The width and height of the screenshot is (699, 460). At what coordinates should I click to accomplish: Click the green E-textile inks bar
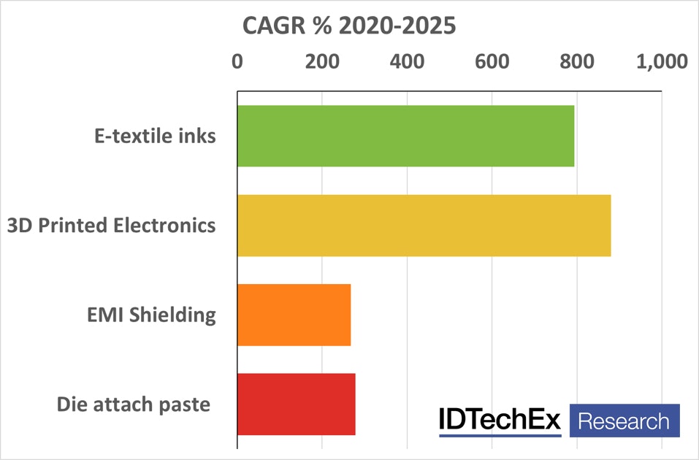click(x=405, y=136)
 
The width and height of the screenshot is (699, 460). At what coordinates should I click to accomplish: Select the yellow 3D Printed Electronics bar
click(x=424, y=226)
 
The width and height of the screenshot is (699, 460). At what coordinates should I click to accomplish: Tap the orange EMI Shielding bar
click(x=294, y=315)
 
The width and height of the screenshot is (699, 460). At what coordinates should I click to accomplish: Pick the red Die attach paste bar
click(x=297, y=404)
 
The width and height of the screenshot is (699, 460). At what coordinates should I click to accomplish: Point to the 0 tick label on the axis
click(x=237, y=61)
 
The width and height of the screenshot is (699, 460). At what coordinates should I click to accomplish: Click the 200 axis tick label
click(x=321, y=61)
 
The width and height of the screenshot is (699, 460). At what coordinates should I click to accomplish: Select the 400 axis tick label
click(x=407, y=61)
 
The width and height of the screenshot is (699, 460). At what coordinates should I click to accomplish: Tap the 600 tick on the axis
click(x=492, y=61)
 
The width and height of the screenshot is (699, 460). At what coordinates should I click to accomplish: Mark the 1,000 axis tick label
click(x=662, y=61)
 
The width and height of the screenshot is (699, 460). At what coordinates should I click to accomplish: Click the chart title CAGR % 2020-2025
click(x=349, y=26)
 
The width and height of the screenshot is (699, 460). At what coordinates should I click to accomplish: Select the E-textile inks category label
click(x=155, y=136)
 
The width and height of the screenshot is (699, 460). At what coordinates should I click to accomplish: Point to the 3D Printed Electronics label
click(x=111, y=226)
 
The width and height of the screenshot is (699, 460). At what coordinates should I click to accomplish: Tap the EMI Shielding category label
click(x=150, y=315)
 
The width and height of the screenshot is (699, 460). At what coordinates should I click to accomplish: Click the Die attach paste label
click(x=134, y=405)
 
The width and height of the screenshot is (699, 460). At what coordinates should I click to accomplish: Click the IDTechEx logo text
click(x=500, y=420)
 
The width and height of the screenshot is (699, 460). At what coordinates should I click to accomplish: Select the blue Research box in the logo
click(x=624, y=421)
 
